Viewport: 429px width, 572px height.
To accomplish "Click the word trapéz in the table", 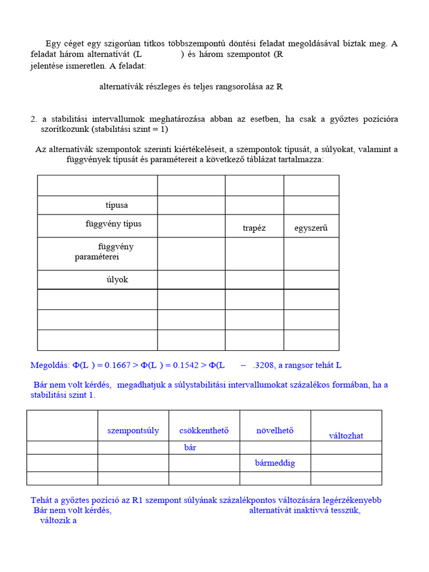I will tap(254, 228).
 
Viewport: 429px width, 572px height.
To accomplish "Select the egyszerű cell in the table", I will tap(311, 228).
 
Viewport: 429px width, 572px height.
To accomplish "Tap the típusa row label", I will tap(117, 205).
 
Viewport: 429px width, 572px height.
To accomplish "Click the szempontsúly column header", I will tap(133, 430).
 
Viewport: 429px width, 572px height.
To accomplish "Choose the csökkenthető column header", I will tap(204, 430).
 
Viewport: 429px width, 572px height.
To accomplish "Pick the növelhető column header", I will tap(275, 430).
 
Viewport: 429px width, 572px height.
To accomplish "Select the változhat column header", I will tap(346, 435).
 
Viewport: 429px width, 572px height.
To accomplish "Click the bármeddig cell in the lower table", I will tap(275, 463).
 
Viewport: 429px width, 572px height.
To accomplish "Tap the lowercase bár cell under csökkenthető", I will tap(190, 447).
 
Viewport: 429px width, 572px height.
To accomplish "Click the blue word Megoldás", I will tap(49, 365).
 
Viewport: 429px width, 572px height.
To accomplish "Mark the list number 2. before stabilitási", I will tap(34, 119).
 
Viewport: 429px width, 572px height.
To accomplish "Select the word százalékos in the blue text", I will tap(305, 385).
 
